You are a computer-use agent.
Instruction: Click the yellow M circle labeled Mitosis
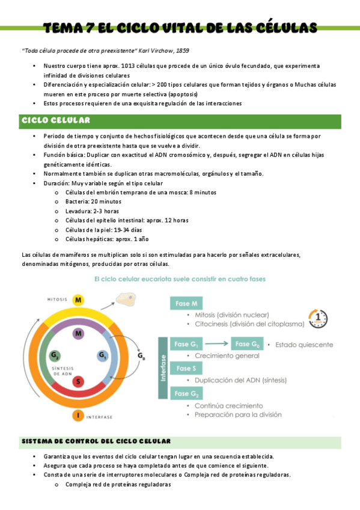point(78,300)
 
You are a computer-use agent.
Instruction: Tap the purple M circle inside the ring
point(78,333)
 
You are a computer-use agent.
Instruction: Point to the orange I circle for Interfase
point(78,416)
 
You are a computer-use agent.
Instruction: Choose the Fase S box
point(187,368)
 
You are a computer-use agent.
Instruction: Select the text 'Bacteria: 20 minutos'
point(93,202)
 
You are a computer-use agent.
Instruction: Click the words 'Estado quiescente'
point(304,345)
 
